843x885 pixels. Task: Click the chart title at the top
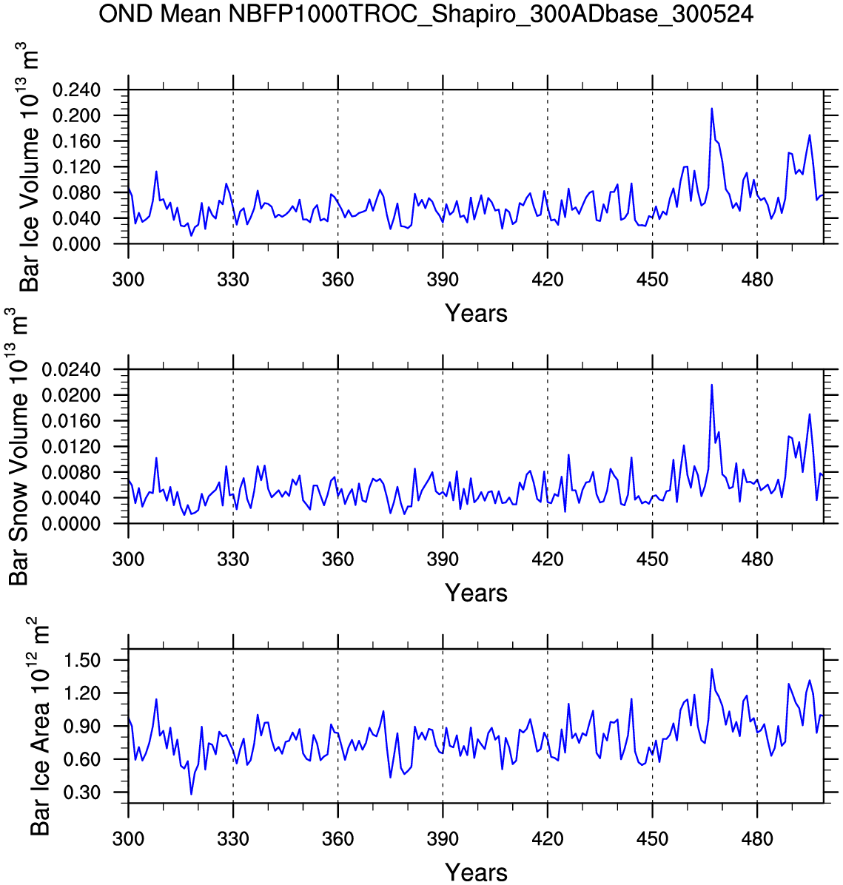(x=426, y=14)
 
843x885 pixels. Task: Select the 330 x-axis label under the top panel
(x=233, y=280)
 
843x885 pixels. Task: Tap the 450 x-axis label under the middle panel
(x=652, y=559)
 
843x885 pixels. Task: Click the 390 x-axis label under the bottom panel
(x=443, y=839)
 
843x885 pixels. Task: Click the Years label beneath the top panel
(x=476, y=314)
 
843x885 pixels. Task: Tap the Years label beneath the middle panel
(x=476, y=593)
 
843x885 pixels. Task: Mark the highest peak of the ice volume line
(x=712, y=109)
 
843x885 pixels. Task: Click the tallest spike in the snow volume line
(x=712, y=385)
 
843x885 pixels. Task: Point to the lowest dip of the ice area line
(x=191, y=794)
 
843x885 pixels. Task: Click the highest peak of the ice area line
(x=712, y=670)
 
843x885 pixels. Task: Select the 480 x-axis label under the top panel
(x=757, y=280)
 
